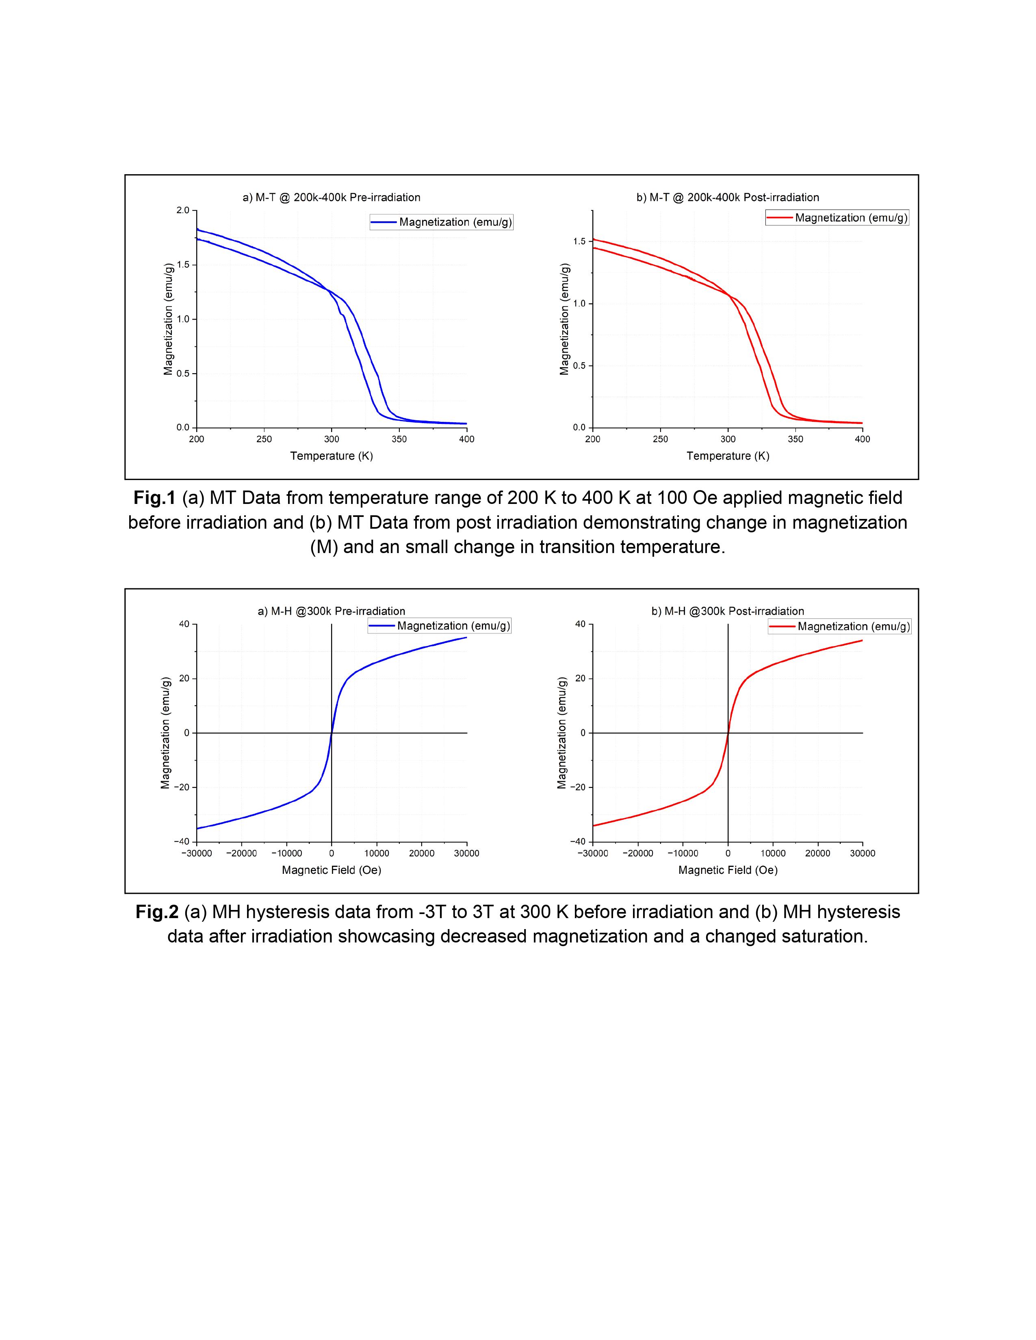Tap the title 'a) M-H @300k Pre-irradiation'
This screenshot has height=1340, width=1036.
[332, 611]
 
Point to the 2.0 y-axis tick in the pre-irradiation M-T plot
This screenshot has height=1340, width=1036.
[182, 210]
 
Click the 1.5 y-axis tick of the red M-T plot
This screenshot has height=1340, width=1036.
[579, 242]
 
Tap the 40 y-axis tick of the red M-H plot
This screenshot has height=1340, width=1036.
[580, 625]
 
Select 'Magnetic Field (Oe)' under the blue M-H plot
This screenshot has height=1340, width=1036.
[332, 870]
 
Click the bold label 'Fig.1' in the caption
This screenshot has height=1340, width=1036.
[155, 497]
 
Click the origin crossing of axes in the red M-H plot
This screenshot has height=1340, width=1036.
[728, 733]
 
